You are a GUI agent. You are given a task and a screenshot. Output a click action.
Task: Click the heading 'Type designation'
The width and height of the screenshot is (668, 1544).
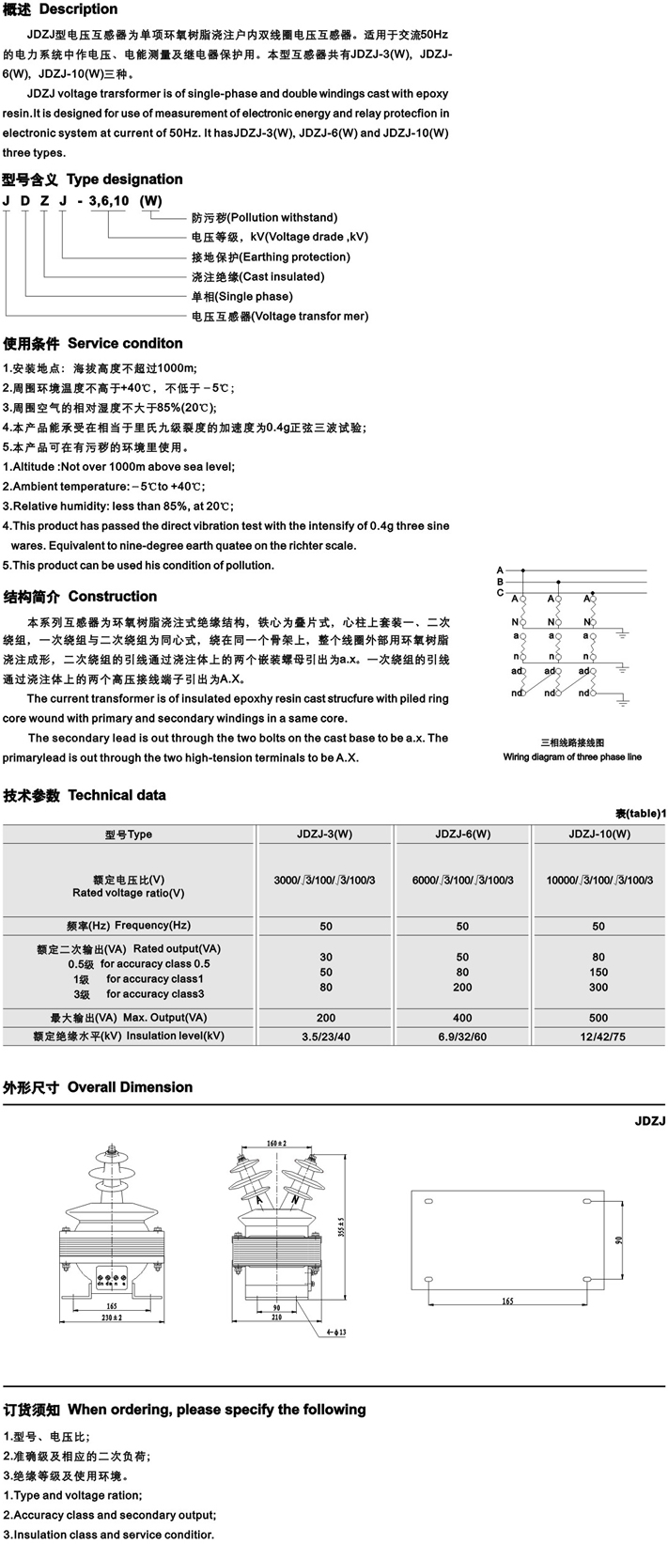tap(125, 179)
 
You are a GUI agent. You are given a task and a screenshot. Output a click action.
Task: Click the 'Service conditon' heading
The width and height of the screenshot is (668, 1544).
tap(125, 343)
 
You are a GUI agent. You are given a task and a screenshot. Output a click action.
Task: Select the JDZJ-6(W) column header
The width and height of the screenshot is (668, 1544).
tap(463, 834)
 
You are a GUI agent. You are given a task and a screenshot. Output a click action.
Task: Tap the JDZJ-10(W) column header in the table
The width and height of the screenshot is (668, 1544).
tap(598, 834)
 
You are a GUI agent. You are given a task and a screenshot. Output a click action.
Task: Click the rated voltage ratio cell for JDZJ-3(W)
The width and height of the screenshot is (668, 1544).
tap(324, 880)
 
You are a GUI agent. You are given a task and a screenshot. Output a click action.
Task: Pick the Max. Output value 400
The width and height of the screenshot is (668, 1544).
tap(463, 1018)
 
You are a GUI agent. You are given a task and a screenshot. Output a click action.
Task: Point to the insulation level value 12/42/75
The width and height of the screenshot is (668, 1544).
tap(598, 1037)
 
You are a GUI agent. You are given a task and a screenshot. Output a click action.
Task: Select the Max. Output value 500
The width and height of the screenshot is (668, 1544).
tap(598, 1018)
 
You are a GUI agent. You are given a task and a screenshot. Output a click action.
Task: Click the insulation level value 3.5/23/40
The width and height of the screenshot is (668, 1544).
tap(324, 1037)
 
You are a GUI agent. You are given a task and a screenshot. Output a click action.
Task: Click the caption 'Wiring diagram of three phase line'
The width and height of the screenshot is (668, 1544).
tap(572, 756)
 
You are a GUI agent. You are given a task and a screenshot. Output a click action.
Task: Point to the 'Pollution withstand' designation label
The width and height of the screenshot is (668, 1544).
tap(263, 217)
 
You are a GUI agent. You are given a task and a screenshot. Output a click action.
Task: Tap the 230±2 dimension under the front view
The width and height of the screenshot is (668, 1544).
tap(111, 1318)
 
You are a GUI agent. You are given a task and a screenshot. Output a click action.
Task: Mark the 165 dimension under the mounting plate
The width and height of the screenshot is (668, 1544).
tap(507, 1301)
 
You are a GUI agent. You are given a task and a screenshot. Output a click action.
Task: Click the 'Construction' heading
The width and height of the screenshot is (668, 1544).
tap(113, 597)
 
